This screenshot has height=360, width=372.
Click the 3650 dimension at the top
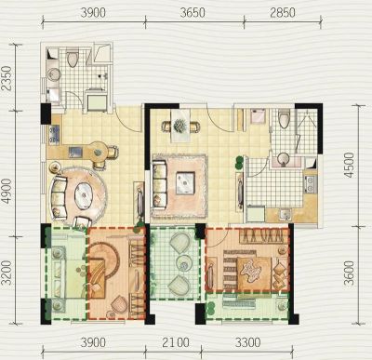(192, 13)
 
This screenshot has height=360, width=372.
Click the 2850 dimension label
(283, 13)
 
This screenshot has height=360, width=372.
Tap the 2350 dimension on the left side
(7, 78)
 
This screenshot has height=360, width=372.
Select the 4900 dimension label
(7, 192)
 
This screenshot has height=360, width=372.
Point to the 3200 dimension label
(7, 273)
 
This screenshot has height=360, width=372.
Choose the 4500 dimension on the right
(349, 165)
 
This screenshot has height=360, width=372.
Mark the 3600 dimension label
(349, 273)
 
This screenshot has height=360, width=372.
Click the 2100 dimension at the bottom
(175, 342)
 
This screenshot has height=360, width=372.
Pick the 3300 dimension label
(247, 342)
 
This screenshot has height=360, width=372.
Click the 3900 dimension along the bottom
(93, 342)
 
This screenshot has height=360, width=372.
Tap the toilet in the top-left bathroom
(73, 58)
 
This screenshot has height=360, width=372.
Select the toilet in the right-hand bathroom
(284, 118)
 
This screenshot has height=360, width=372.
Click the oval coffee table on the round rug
(85, 194)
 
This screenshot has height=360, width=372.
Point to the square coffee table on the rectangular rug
(186, 183)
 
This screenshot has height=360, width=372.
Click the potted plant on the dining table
(179, 126)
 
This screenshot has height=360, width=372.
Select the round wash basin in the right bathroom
(283, 158)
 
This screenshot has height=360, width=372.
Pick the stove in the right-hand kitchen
(310, 184)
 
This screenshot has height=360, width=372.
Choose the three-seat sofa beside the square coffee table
(160, 184)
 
